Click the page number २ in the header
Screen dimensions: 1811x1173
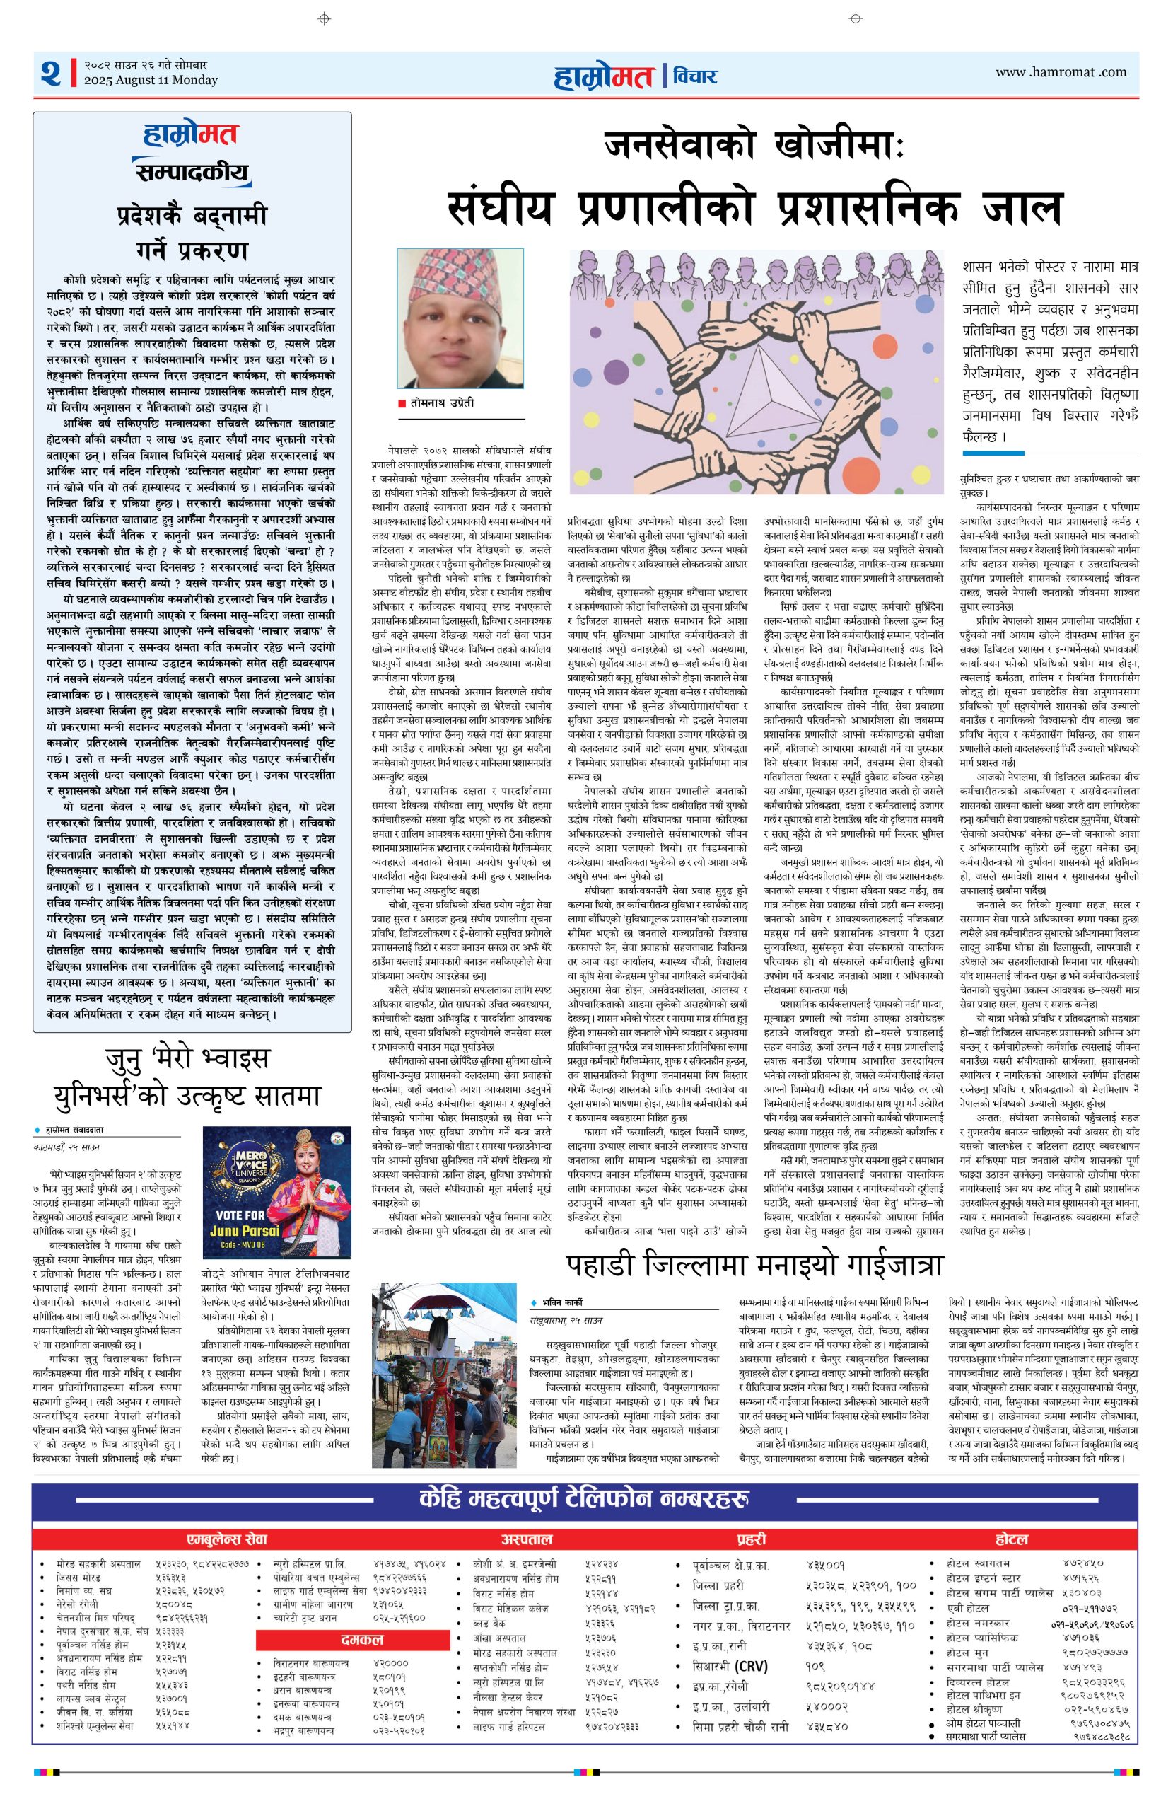pyautogui.click(x=51, y=73)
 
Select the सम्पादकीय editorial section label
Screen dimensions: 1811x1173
pyautogui.click(x=192, y=173)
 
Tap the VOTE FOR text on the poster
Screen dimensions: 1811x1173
pyautogui.click(x=240, y=1215)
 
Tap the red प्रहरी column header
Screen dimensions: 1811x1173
pyautogui.click(x=751, y=1539)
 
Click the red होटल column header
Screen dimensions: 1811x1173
pyautogui.click(x=1012, y=1539)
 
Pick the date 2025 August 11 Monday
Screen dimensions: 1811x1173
pyautogui.click(x=151, y=80)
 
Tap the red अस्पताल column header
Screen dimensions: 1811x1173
pyautogui.click(x=527, y=1539)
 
